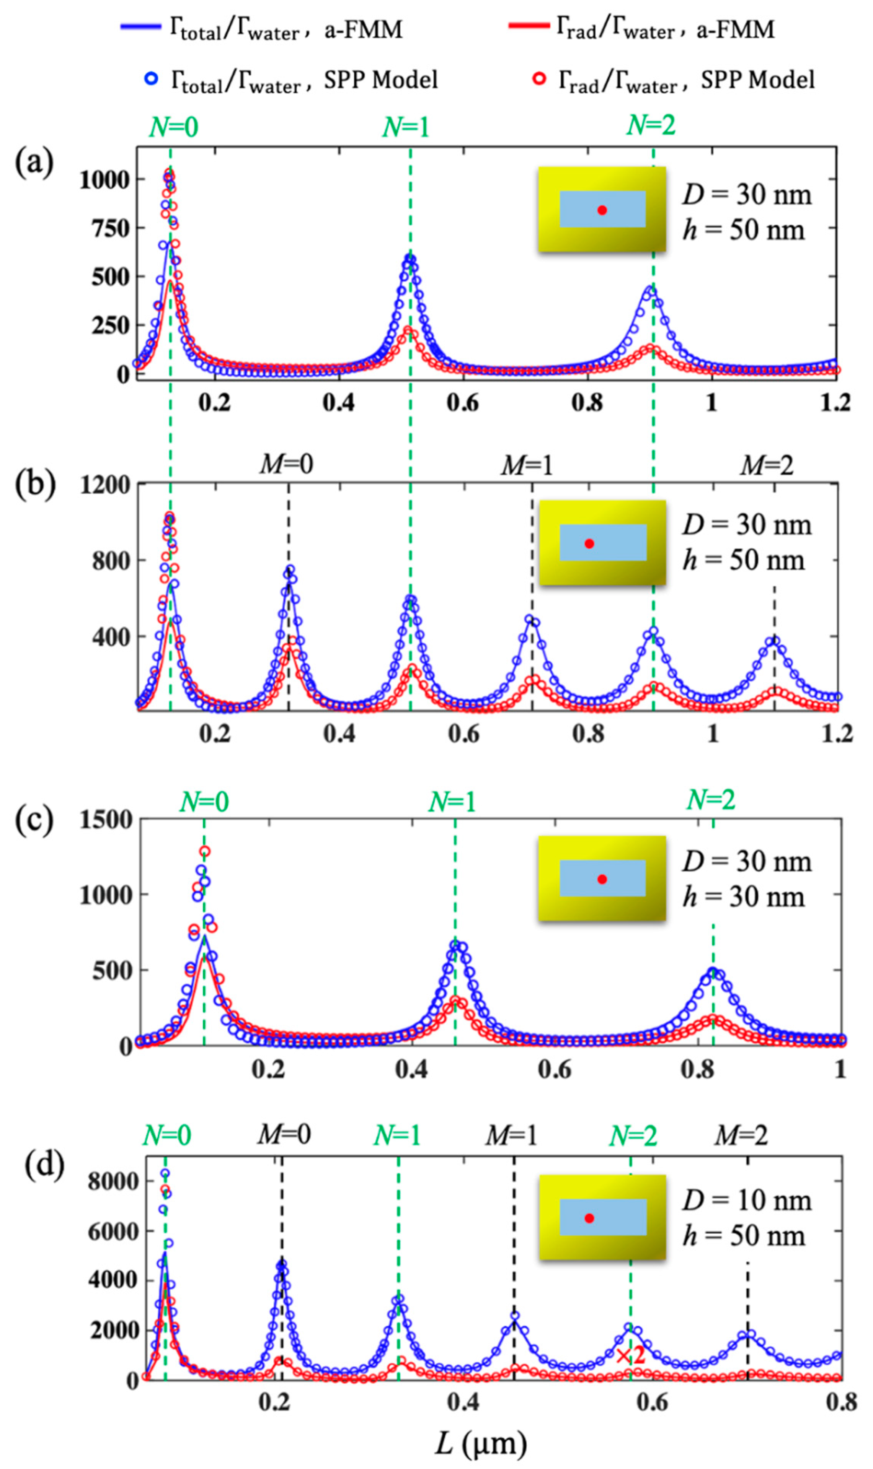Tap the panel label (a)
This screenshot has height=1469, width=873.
point(34,162)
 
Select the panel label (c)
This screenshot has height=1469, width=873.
point(34,821)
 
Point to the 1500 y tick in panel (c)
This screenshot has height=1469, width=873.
point(106,820)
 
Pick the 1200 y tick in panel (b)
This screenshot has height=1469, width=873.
point(106,486)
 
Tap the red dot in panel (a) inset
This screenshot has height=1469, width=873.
point(602,210)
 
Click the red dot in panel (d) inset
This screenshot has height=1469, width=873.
point(589,1218)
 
